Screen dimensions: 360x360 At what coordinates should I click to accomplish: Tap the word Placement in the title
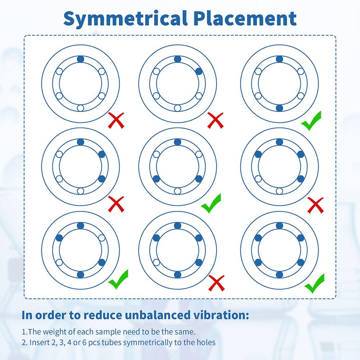pos(245,18)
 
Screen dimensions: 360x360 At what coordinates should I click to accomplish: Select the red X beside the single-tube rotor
pos(116,120)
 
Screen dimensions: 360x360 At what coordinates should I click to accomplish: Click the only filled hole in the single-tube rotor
pos(81,59)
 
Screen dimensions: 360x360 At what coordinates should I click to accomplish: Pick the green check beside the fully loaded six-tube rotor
pos(314,283)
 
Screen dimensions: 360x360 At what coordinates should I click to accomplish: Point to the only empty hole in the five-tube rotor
pos(156,262)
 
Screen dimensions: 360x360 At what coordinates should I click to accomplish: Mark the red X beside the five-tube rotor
pos(216,283)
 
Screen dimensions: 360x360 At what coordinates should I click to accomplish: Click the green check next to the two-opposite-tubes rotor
pos(311,121)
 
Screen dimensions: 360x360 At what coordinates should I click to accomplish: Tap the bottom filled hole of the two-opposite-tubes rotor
pos(279,108)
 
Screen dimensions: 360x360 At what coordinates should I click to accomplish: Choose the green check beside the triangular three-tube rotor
pos(211,203)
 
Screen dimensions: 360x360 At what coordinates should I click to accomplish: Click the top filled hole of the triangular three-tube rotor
pos(177,142)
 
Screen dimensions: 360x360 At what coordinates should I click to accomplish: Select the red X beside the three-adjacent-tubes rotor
pos(116,204)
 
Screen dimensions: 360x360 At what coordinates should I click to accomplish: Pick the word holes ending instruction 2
pos(206,342)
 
